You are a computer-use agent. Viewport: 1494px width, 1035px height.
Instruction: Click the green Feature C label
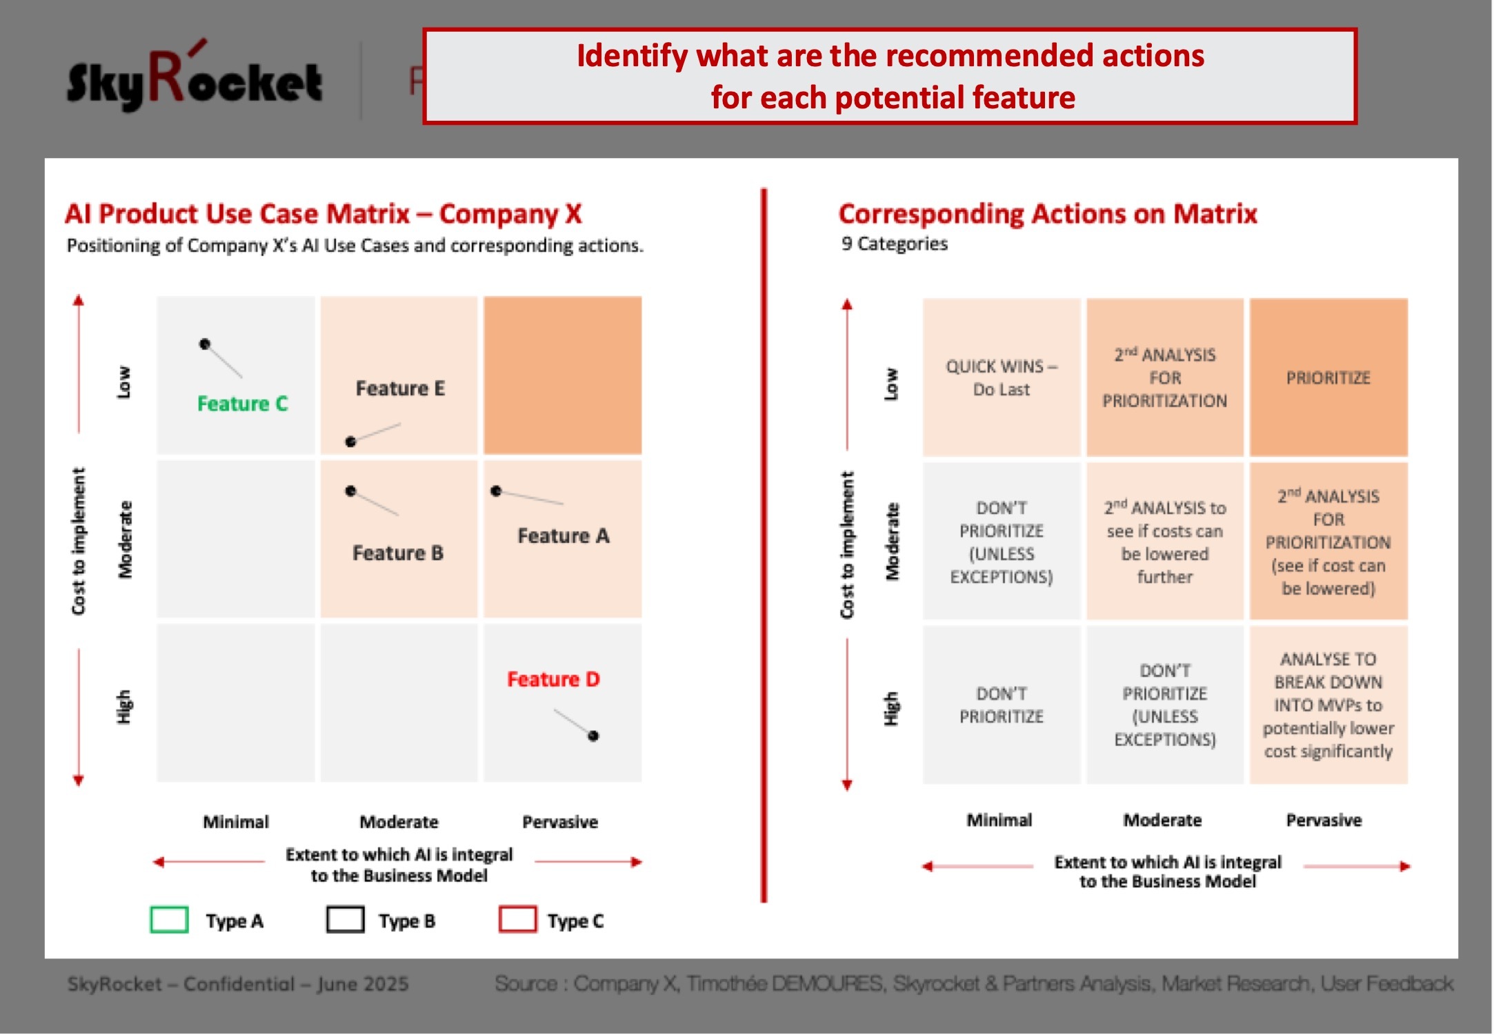(242, 404)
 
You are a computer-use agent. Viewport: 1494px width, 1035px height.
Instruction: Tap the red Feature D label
(553, 680)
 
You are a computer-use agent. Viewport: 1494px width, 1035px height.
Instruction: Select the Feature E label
(400, 388)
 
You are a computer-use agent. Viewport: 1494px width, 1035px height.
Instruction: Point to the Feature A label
(564, 536)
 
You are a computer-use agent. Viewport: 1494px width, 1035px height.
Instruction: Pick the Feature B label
(398, 553)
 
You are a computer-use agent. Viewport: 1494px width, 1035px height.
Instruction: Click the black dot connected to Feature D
(593, 736)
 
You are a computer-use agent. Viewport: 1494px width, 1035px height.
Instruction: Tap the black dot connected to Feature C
(205, 344)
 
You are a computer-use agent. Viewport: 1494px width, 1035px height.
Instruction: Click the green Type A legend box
(169, 920)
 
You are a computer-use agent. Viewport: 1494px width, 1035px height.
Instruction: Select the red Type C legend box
(517, 920)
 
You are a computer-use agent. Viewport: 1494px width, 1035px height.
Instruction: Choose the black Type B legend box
(346, 920)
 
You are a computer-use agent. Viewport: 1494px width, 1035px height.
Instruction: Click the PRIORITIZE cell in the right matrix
(1328, 377)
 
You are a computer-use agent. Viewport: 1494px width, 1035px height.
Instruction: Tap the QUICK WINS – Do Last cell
(1002, 377)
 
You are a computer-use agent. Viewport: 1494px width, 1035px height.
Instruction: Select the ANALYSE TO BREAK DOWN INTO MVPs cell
(1328, 704)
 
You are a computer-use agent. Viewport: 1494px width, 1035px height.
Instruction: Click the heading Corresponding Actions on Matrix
(1048, 215)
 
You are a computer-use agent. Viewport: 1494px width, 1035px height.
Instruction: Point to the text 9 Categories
(895, 244)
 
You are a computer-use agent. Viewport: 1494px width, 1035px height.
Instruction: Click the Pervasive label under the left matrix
(560, 822)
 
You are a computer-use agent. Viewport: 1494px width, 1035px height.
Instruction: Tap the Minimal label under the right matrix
(999, 820)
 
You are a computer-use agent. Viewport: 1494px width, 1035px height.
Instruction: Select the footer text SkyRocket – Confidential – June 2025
(238, 984)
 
